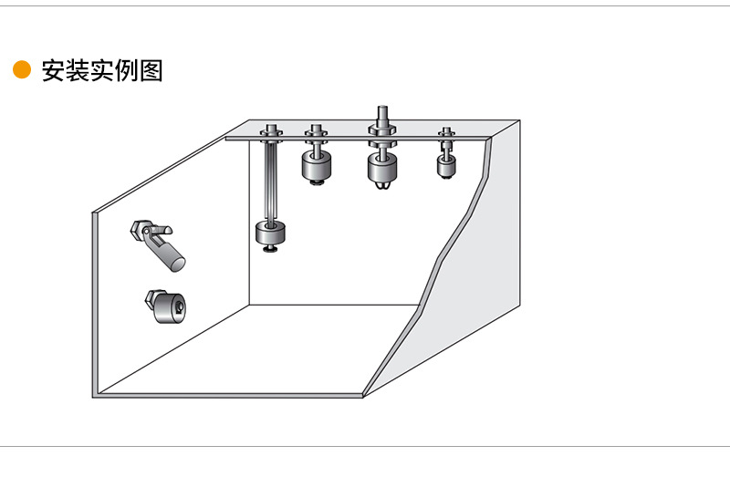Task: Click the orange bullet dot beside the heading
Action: tap(22, 71)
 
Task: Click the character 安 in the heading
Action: tap(53, 71)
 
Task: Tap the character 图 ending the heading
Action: tap(151, 71)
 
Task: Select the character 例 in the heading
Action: tap(127, 71)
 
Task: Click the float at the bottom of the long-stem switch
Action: tap(271, 232)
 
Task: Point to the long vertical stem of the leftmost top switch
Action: tap(271, 181)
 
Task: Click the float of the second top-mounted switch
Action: tap(316, 165)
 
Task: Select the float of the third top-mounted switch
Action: tap(382, 167)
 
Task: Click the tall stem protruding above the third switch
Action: tap(382, 114)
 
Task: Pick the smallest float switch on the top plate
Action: tap(445, 164)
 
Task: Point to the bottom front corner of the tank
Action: tap(364, 396)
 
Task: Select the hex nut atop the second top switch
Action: tap(316, 130)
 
